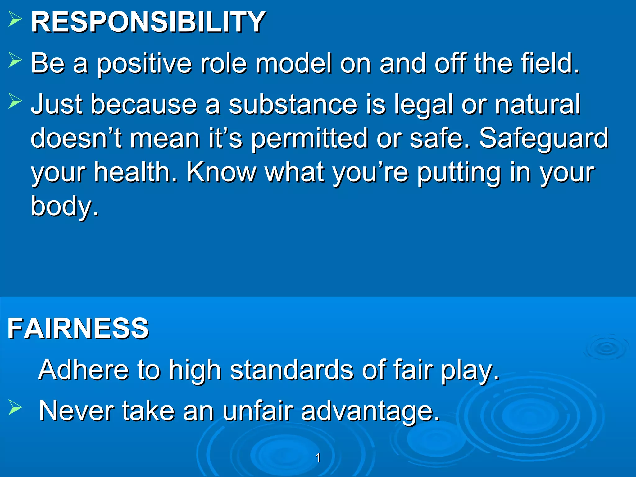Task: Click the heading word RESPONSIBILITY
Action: tap(148, 22)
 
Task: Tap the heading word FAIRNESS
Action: tap(78, 329)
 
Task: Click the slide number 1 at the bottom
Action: tap(318, 457)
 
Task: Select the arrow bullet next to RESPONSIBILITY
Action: tap(15, 19)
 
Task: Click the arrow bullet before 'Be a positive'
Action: tap(15, 60)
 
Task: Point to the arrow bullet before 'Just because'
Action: tap(15, 101)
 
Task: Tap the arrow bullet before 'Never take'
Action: tap(15, 407)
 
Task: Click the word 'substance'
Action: tap(293, 104)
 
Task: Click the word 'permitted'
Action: tap(310, 139)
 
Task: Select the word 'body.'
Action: tap(65, 207)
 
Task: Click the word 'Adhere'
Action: tap(83, 370)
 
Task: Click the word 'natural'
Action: tap(537, 104)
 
